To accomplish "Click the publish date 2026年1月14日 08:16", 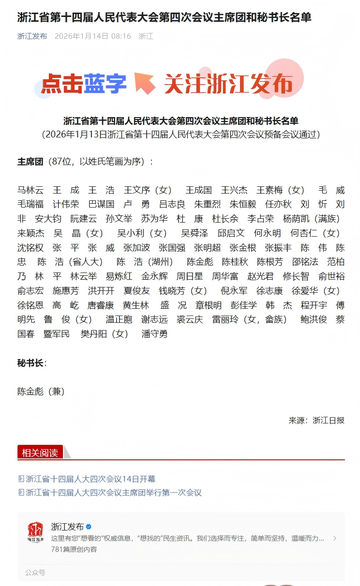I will pos(92,36).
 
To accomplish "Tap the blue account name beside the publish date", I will pos(32,36).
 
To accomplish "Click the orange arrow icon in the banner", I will pos(145,83).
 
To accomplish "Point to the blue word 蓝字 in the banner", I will pos(105,84).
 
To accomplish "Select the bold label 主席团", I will pos(30,162).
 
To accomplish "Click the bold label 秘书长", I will pos(30,363).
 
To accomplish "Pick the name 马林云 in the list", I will pos(30,190).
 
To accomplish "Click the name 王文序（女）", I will pos(148,190).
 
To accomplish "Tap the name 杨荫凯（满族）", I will pos(312,219).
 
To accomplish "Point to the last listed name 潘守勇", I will pos(154,334).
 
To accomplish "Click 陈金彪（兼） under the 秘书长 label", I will pos(41,391).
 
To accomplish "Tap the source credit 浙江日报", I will pos(329,421).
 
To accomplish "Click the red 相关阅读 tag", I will pos(40,453).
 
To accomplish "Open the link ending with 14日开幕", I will pos(90,479).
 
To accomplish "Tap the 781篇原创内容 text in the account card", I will pos(74,550).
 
